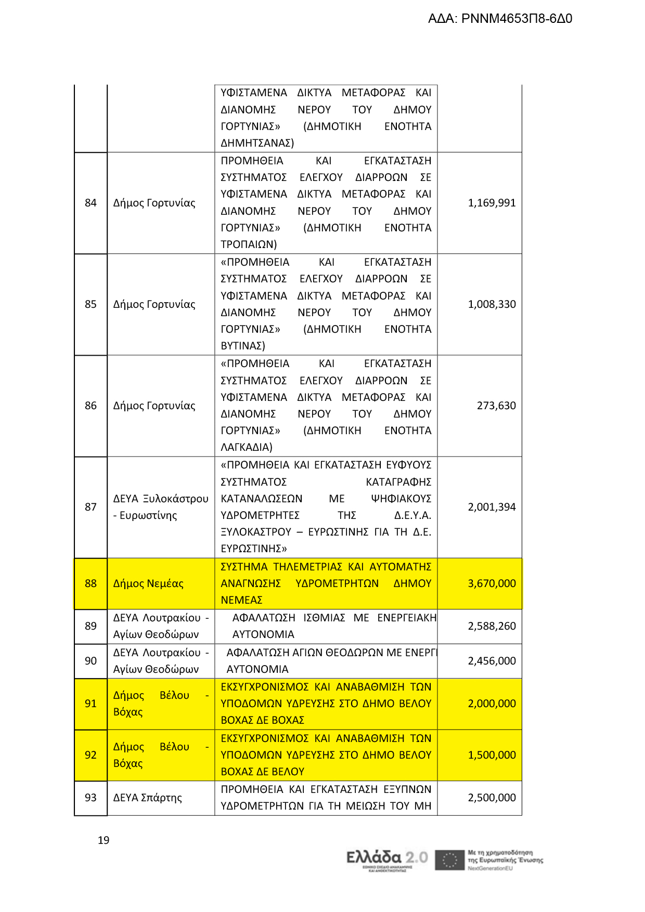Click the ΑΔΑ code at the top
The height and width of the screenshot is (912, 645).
click(x=500, y=19)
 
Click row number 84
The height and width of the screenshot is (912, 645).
click(x=91, y=203)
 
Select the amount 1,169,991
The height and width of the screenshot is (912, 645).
click(x=492, y=203)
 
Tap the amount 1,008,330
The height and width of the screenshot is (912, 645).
click(x=492, y=304)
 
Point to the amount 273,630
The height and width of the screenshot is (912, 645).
click(x=496, y=406)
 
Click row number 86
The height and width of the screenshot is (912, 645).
click(x=91, y=406)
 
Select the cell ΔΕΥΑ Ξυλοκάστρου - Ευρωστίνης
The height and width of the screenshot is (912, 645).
click(x=160, y=507)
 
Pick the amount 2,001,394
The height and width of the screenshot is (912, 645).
click(x=492, y=507)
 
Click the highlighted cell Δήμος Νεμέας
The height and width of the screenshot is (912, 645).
click(x=148, y=583)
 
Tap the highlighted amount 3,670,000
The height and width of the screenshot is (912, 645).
click(x=492, y=583)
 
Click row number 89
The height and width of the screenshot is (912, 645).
click(x=91, y=626)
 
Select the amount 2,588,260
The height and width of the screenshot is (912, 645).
click(x=492, y=626)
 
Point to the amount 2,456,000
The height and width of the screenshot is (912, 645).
click(x=492, y=661)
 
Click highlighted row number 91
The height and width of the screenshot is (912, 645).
click(x=91, y=703)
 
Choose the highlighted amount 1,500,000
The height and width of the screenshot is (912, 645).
click(x=492, y=755)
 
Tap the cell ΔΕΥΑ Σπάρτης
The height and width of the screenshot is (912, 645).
click(x=148, y=798)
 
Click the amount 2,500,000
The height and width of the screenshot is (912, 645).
click(x=492, y=798)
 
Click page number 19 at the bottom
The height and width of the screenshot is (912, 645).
click(x=104, y=840)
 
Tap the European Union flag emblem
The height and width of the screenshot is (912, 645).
click(x=449, y=860)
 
